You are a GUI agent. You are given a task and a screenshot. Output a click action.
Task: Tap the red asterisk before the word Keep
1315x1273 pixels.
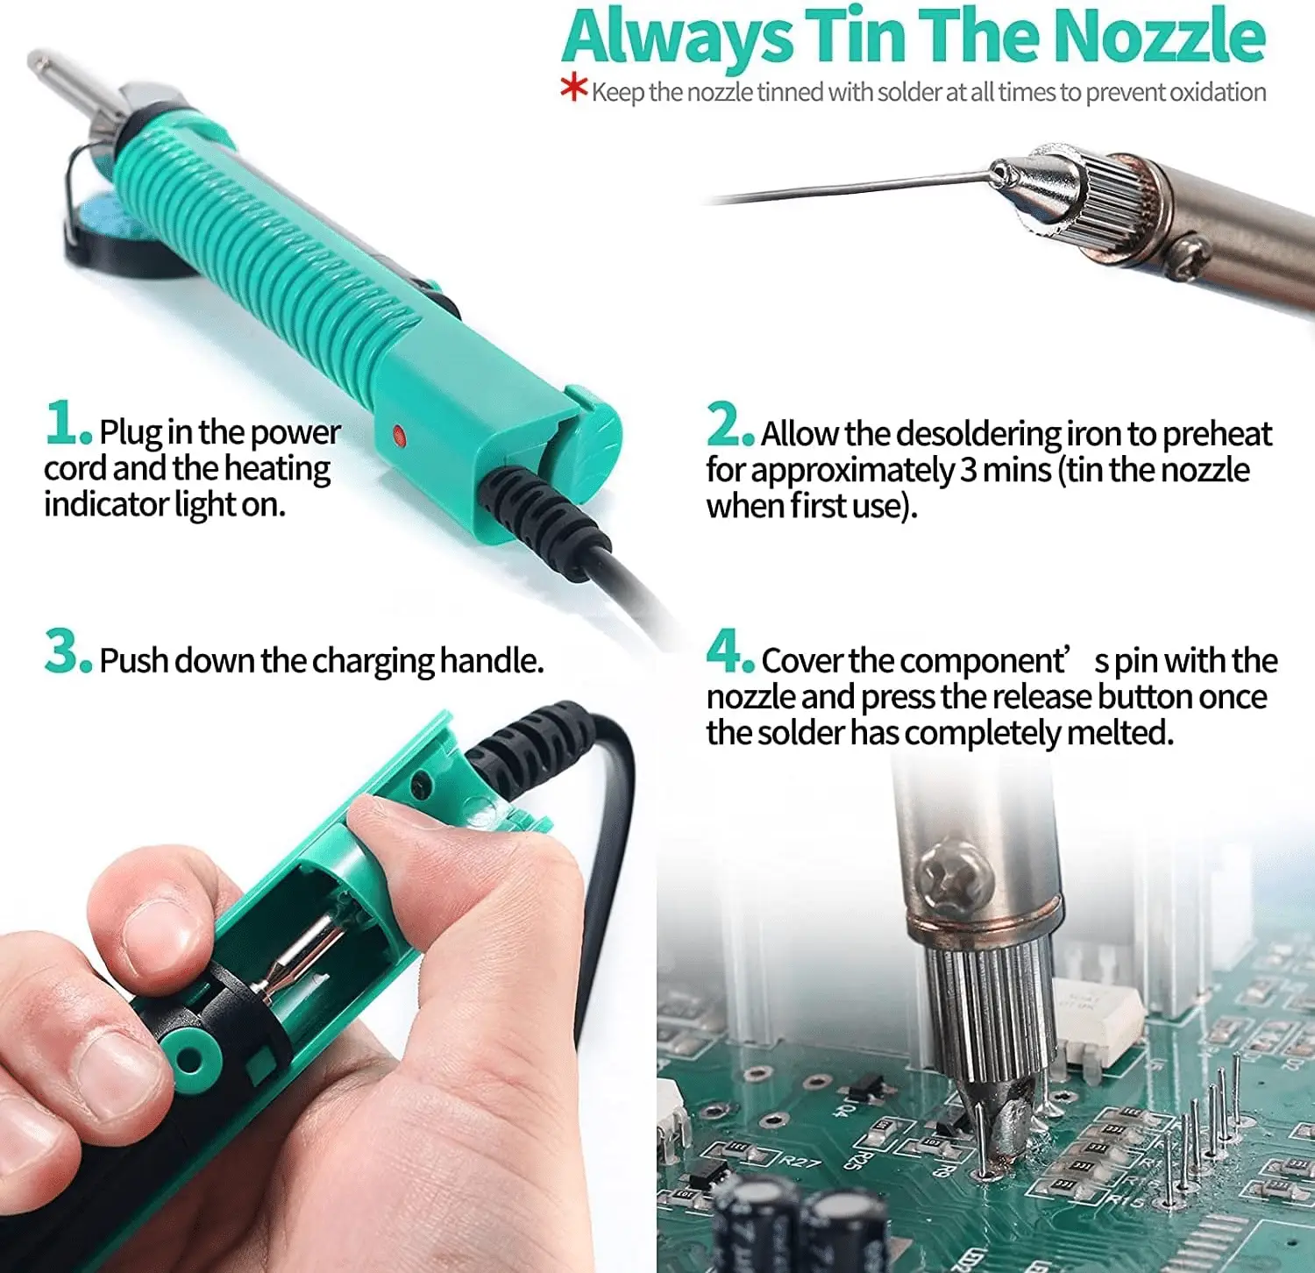(574, 88)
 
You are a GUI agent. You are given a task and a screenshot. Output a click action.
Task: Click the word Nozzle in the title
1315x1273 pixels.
(1159, 37)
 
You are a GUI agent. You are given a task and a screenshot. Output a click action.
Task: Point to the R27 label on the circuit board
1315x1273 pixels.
(800, 1162)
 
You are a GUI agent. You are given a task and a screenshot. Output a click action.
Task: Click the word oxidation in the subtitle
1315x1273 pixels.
(1219, 92)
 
